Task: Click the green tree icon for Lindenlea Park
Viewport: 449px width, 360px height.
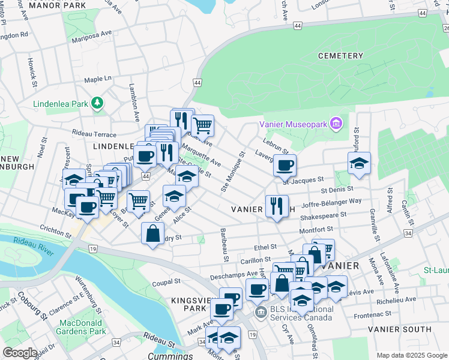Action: click(97, 104)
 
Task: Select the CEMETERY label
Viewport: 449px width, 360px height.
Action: click(341, 56)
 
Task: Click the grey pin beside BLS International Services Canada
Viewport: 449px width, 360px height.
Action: click(261, 313)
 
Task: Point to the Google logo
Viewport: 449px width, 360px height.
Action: click(20, 353)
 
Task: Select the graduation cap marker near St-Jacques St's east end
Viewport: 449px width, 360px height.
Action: click(359, 163)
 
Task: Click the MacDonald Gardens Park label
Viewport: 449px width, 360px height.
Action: click(82, 327)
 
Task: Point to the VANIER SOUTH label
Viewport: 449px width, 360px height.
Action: click(399, 329)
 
